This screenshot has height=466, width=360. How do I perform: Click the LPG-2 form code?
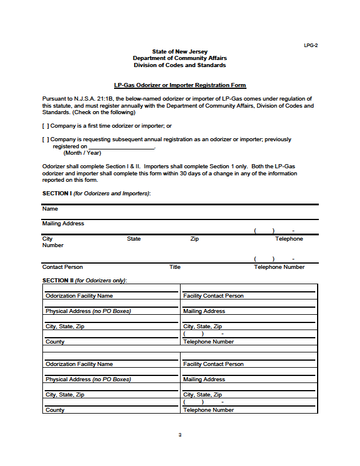point(311,45)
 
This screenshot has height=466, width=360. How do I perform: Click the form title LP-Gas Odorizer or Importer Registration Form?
point(180,85)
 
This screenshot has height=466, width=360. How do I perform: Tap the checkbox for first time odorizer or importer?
point(45,126)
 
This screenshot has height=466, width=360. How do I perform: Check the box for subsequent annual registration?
point(45,139)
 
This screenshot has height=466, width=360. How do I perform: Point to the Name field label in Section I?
point(50,209)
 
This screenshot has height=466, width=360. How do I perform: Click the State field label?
point(134,239)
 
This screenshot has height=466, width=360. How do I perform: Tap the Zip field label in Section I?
point(195,239)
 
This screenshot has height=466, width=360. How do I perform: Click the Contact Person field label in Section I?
point(62,267)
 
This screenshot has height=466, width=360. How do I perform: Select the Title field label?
point(175,267)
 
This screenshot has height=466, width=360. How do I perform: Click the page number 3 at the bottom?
point(180,435)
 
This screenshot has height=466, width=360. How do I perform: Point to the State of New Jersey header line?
point(180,52)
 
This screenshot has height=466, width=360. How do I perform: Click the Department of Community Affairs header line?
point(180,58)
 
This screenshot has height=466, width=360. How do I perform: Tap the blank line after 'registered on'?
point(121,147)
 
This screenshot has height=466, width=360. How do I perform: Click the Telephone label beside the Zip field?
point(289,239)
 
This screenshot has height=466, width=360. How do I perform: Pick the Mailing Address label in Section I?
point(63,224)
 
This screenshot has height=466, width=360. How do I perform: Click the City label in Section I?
point(47,239)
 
